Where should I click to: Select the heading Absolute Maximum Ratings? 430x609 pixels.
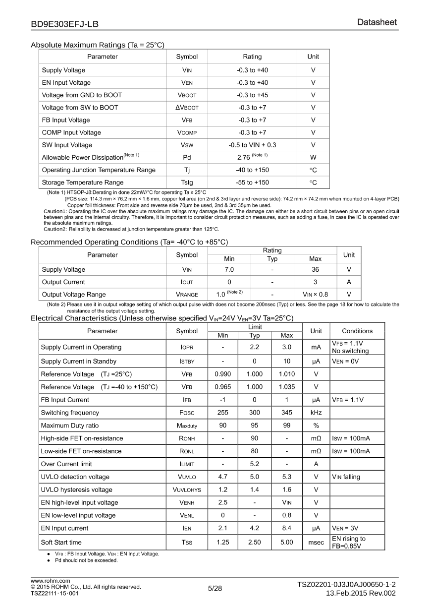(x=97, y=45)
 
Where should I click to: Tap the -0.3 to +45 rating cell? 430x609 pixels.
(x=252, y=95)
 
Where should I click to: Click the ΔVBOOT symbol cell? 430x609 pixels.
(x=187, y=108)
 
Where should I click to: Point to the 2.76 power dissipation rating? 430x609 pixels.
(x=252, y=157)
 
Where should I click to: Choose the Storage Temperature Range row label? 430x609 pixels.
(x=83, y=183)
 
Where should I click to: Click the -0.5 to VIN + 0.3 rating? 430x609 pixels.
(x=252, y=145)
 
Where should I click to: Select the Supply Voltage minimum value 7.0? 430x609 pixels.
(x=229, y=270)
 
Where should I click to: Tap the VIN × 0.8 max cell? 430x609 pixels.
(x=315, y=295)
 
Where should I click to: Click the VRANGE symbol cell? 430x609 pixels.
(x=187, y=295)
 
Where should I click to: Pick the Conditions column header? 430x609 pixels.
(x=357, y=331)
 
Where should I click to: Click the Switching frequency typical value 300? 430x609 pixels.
(x=254, y=413)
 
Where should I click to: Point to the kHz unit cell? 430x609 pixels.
(x=316, y=413)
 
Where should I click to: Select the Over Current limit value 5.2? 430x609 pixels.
(x=254, y=464)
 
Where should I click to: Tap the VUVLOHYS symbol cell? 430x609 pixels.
(x=187, y=490)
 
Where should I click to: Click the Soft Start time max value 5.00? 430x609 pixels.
(x=286, y=543)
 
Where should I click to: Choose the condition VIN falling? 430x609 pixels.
(x=346, y=477)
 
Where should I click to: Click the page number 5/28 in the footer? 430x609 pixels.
(x=215, y=589)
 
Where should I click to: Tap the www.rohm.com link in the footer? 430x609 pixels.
(x=51, y=581)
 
